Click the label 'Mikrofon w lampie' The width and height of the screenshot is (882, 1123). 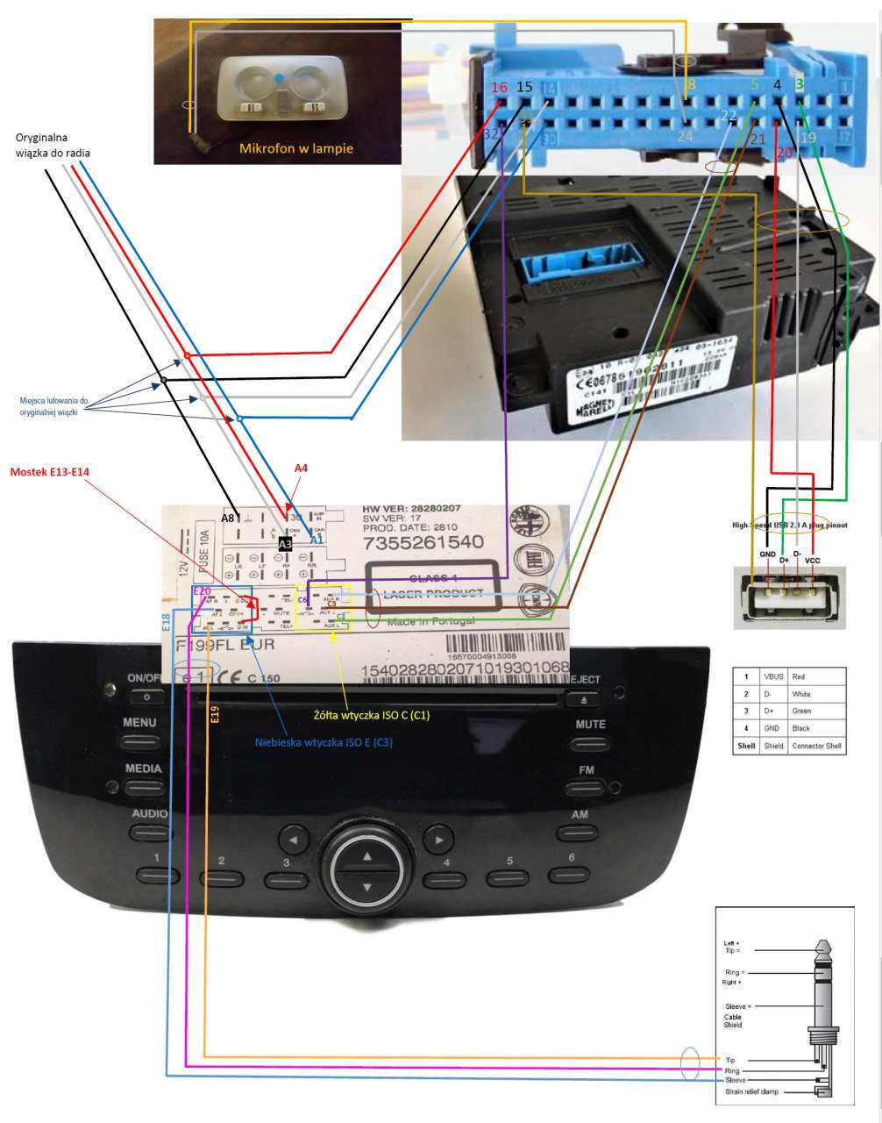(x=296, y=148)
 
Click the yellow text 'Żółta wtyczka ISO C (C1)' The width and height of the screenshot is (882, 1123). (x=372, y=715)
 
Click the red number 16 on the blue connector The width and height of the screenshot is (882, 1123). (x=500, y=88)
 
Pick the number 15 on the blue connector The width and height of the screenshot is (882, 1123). (x=523, y=87)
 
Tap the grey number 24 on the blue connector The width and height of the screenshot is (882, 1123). (x=685, y=136)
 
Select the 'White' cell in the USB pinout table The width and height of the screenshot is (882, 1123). (x=801, y=694)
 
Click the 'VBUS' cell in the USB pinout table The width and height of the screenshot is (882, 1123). (x=772, y=677)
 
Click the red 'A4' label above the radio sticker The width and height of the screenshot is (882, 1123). (x=301, y=469)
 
